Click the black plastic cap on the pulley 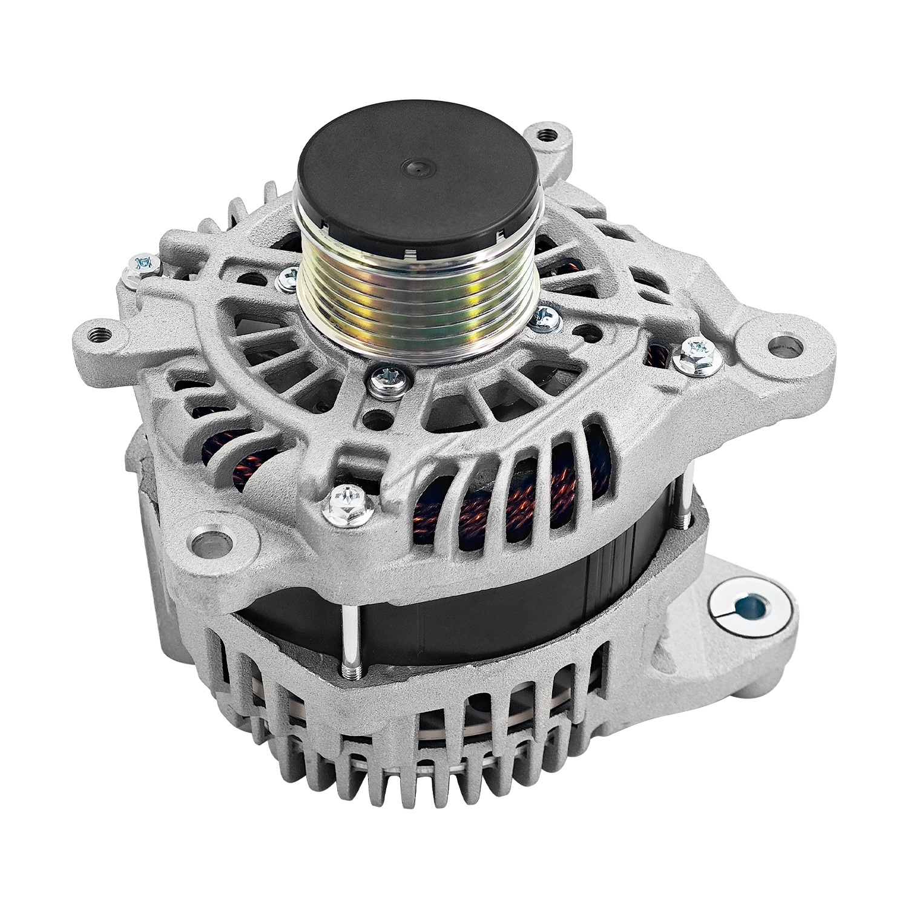coord(417,176)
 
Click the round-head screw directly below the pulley coord(383,380)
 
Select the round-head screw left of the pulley coord(288,278)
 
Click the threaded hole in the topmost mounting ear coord(547,134)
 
